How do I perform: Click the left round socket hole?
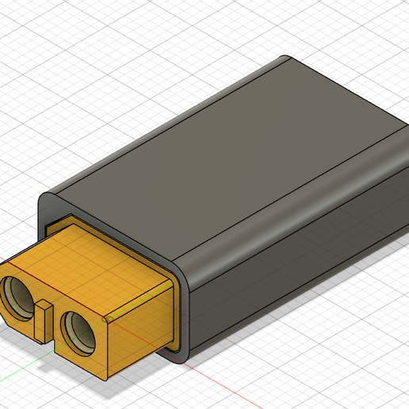[21, 298]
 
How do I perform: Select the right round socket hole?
[78, 327]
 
